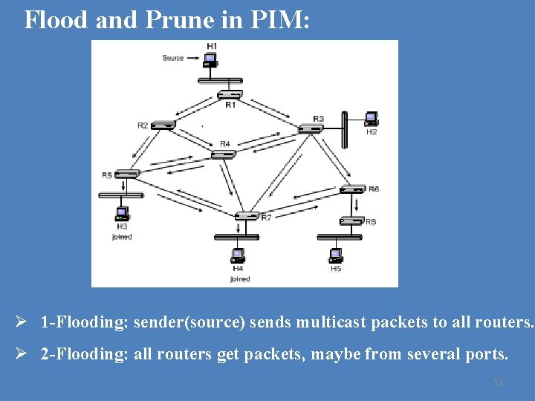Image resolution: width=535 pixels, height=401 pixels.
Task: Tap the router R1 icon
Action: tap(230, 94)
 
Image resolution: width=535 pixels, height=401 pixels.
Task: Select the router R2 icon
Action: tap(163, 125)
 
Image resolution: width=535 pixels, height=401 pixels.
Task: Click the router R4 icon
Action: tap(223, 154)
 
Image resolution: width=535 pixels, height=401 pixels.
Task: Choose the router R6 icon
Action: tap(354, 189)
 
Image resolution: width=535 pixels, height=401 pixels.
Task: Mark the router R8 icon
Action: tap(351, 221)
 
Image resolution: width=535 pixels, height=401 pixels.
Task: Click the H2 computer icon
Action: tap(371, 119)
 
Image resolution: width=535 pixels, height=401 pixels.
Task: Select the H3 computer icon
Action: tap(122, 214)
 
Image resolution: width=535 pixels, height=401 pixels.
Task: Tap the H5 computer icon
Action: tap(335, 255)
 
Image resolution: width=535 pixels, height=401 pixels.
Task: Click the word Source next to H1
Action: tap(173, 58)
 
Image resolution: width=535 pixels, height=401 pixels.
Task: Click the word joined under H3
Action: tap(122, 237)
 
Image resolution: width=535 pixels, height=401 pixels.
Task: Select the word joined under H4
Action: tap(239, 279)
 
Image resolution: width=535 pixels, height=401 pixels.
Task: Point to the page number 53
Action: tap(498, 382)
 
